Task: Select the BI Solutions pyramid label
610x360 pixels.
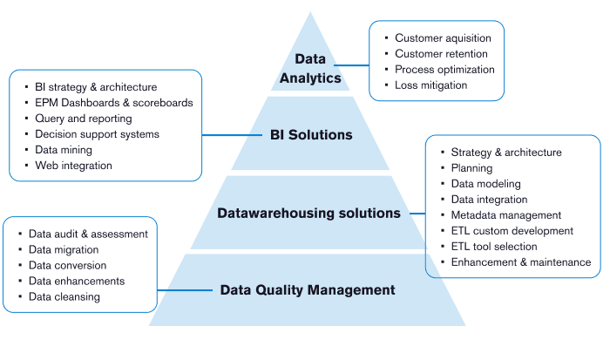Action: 311,135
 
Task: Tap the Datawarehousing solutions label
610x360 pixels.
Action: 308,213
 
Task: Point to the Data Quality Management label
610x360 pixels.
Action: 307,290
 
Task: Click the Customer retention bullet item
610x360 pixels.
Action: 441,54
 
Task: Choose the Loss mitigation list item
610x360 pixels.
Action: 430,85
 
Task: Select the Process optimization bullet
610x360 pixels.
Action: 444,70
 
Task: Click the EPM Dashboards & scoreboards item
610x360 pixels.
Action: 113,103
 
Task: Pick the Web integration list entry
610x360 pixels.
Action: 73,166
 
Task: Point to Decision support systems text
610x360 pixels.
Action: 97,134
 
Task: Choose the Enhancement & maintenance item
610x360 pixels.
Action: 520,262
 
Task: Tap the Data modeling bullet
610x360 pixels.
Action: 485,184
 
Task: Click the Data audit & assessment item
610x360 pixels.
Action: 88,234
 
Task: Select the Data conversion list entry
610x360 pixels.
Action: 67,266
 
